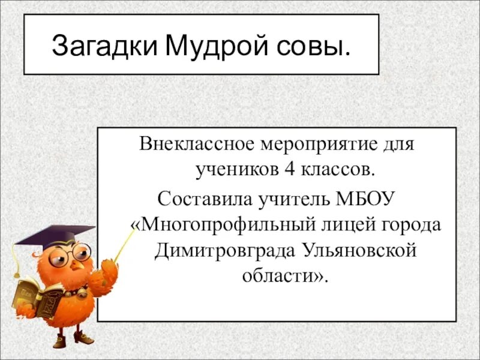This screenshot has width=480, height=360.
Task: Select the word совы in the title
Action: point(312,46)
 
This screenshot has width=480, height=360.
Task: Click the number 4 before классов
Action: point(290,170)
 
